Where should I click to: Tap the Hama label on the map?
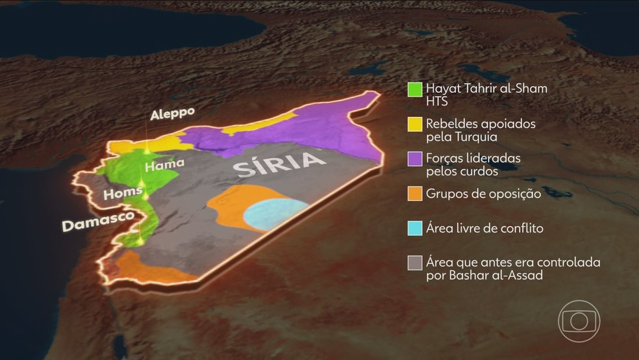(x=164, y=164)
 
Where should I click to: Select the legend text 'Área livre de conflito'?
(x=484, y=228)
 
